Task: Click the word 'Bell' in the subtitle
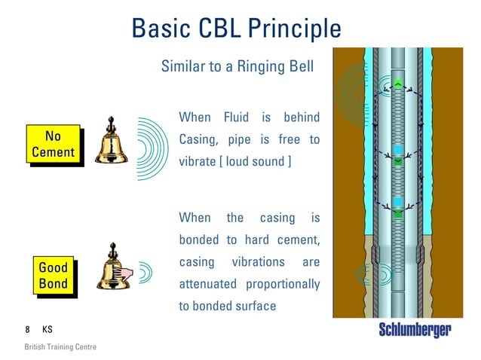299,67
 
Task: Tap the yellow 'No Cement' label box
53,145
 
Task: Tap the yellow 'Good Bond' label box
53,276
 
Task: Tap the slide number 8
27,330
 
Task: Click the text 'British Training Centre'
60,347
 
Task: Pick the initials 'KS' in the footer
47,330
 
